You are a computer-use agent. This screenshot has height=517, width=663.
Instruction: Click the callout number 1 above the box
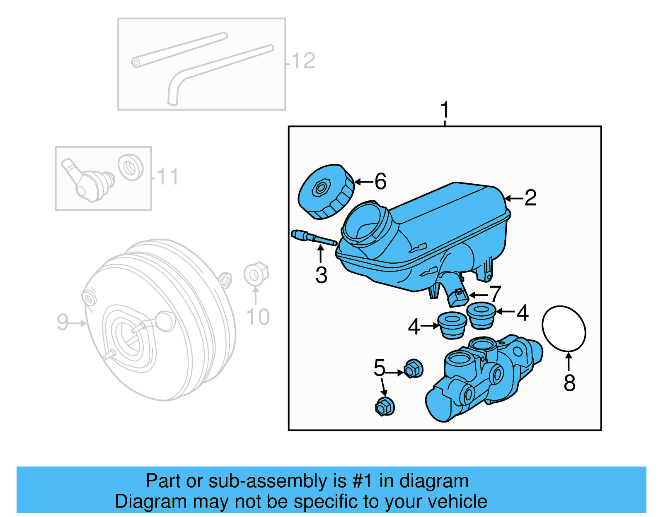pyautogui.click(x=445, y=110)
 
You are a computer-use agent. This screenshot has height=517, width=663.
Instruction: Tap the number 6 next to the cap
pyautogui.click(x=380, y=181)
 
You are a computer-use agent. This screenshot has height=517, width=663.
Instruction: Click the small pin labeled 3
pyautogui.click(x=313, y=238)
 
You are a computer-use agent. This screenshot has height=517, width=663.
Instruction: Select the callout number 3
pyautogui.click(x=321, y=275)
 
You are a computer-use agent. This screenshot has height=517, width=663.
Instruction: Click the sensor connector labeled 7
pyautogui.click(x=458, y=296)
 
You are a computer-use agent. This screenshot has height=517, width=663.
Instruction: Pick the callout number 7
pyautogui.click(x=495, y=294)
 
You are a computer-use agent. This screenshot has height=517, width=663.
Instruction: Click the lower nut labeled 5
pyautogui.click(x=385, y=406)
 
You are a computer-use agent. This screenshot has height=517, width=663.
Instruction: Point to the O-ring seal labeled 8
pyautogui.click(x=564, y=328)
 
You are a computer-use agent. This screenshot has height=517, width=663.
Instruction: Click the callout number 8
pyautogui.click(x=569, y=383)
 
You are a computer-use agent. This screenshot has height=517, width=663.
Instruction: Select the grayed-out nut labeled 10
pyautogui.click(x=256, y=274)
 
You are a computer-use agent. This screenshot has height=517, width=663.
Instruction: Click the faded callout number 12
pyautogui.click(x=303, y=61)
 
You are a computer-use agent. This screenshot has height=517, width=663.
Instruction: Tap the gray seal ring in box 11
pyautogui.click(x=131, y=167)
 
